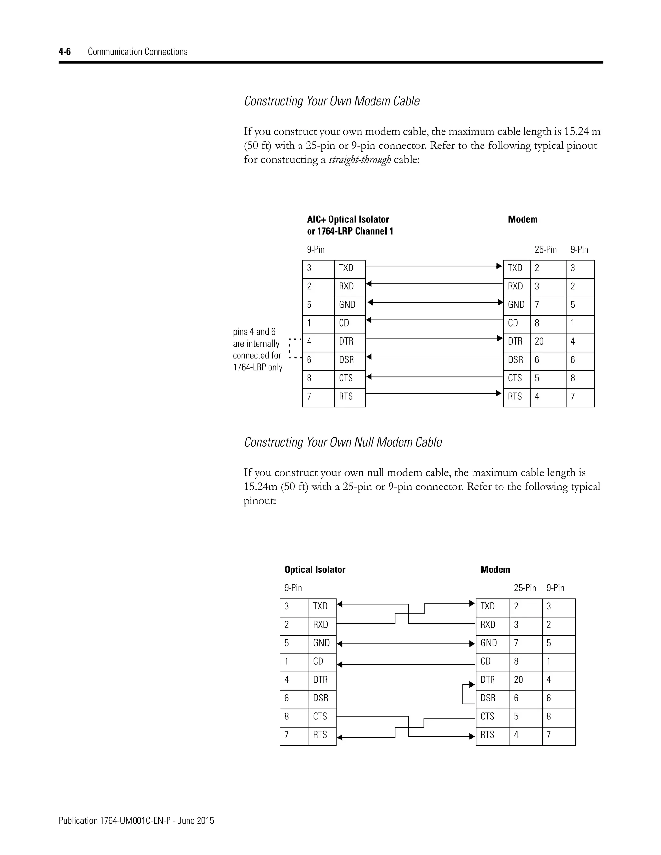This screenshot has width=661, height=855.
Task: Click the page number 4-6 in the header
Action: click(65, 52)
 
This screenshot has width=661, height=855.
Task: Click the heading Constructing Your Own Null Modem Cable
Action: click(343, 442)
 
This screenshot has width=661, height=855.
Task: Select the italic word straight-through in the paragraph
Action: click(360, 160)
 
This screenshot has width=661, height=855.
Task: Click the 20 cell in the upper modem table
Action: click(540, 341)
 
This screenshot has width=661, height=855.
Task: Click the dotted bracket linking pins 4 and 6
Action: click(290, 348)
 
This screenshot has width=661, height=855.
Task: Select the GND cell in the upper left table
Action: click(347, 305)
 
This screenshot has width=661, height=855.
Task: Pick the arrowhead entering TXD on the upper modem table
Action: click(499, 266)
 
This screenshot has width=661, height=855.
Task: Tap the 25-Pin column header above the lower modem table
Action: click(525, 588)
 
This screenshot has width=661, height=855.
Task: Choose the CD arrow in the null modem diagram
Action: click(406, 664)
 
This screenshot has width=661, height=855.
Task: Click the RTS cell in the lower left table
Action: click(320, 735)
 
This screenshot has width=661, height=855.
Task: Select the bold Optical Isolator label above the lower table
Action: click(315, 569)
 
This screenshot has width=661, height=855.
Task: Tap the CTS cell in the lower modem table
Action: click(488, 716)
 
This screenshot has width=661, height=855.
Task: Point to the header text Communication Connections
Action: click(137, 52)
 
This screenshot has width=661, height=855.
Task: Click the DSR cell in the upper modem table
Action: click(515, 360)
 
